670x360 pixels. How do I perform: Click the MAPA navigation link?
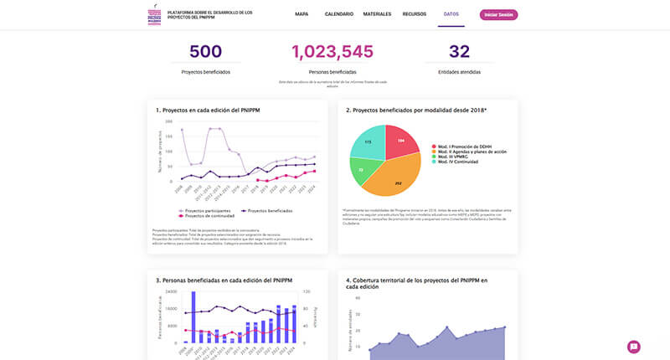(x=301, y=14)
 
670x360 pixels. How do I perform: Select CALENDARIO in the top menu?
(x=338, y=14)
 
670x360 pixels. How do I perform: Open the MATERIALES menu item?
(x=377, y=14)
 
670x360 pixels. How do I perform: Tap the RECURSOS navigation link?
(x=415, y=14)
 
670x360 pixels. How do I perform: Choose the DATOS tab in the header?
(x=451, y=14)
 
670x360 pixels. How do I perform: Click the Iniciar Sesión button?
(x=498, y=14)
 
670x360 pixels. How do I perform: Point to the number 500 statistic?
(x=205, y=52)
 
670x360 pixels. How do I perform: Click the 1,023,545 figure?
(x=332, y=52)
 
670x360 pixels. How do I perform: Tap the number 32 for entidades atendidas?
(x=459, y=52)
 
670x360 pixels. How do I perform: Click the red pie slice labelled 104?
(x=399, y=142)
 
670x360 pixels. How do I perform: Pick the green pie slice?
(x=362, y=170)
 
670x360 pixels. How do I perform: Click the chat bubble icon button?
(x=634, y=347)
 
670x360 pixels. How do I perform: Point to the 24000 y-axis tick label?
(x=169, y=291)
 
